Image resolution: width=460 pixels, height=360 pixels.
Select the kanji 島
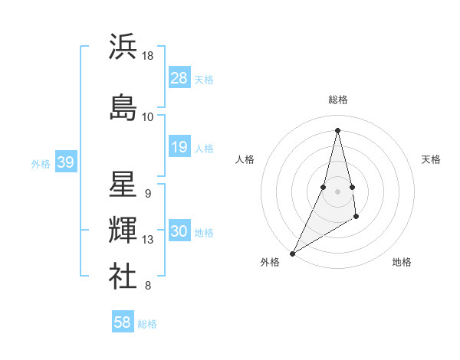[x=123, y=106]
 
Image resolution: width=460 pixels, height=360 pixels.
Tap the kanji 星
[x=123, y=185]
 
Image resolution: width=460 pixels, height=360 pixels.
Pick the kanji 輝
[x=123, y=229]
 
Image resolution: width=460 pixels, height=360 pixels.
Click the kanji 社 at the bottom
[x=123, y=275]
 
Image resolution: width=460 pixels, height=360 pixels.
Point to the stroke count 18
[x=148, y=56]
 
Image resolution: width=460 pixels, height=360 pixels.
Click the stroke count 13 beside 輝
[x=148, y=240]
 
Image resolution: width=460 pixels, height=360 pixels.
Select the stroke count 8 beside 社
[x=148, y=286]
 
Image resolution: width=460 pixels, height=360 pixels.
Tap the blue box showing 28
[x=179, y=78]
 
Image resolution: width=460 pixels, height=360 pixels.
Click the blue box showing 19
[x=179, y=147]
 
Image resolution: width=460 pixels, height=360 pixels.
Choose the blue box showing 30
[x=179, y=231]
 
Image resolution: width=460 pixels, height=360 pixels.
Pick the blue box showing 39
[x=65, y=162]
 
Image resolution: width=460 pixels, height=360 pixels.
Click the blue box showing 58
[x=123, y=322]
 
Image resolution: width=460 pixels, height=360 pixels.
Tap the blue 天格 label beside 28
[x=204, y=79]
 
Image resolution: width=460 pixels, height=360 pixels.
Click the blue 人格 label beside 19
[x=204, y=148]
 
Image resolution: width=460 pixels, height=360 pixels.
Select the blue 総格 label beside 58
[x=147, y=323]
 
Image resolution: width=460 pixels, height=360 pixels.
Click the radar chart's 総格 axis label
[x=338, y=100]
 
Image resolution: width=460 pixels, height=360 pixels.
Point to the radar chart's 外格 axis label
[x=270, y=262]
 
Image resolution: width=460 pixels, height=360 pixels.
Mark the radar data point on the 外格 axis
[x=292, y=253]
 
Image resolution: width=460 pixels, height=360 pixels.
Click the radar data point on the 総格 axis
[x=337, y=130]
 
